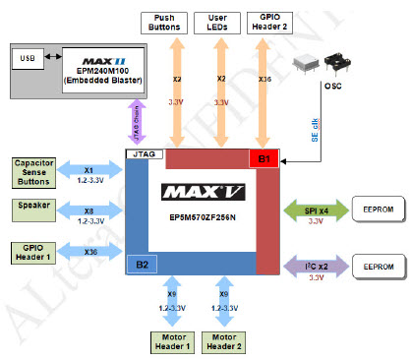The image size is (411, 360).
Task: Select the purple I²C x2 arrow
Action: pyautogui.click(x=314, y=265)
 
